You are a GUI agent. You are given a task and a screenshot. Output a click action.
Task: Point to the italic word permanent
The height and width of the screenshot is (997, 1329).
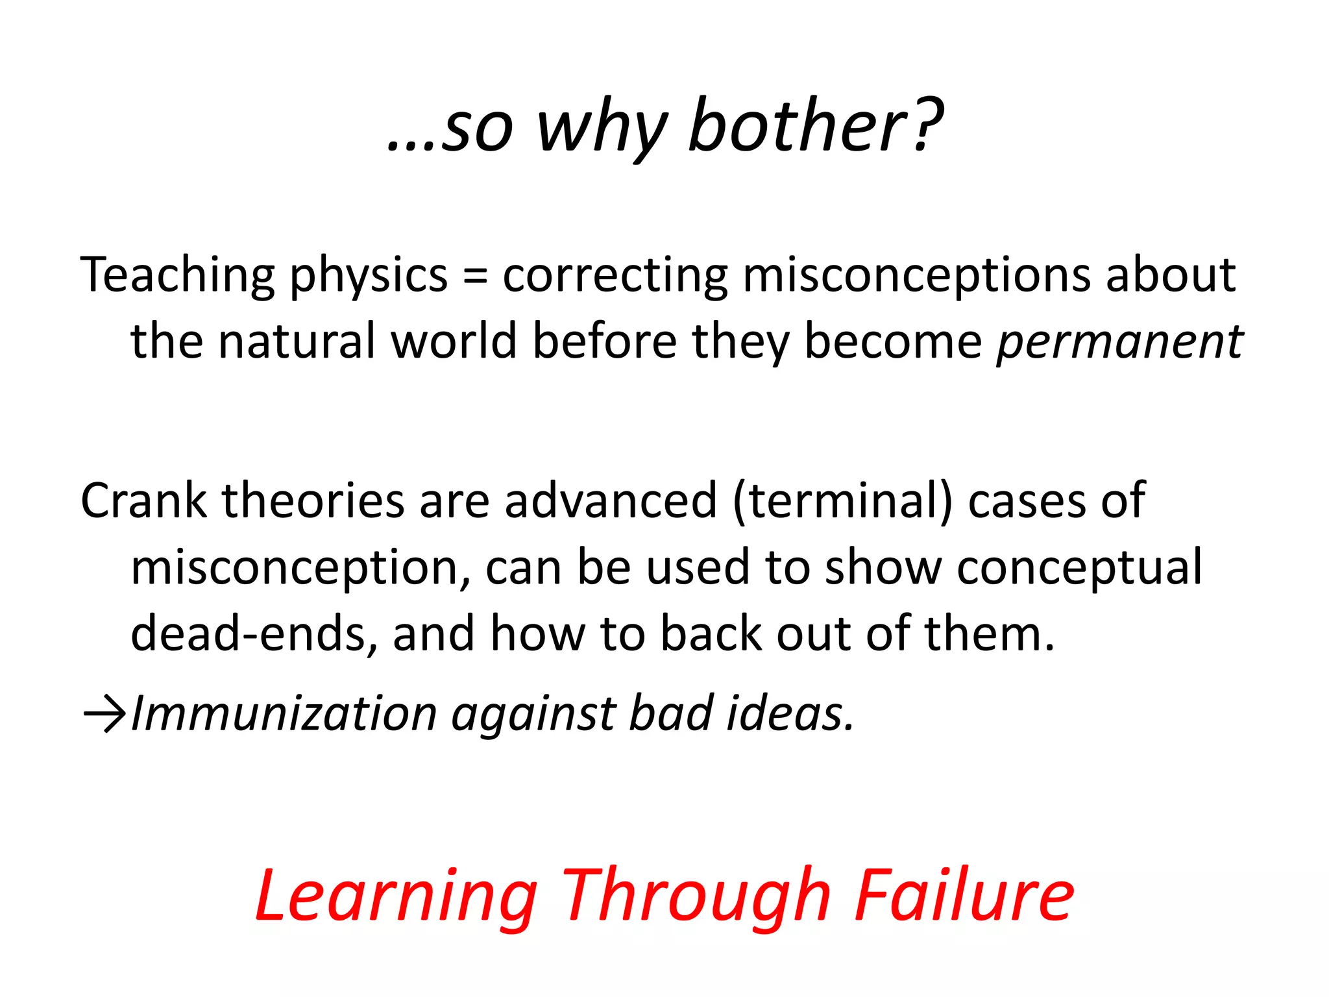[1119, 341]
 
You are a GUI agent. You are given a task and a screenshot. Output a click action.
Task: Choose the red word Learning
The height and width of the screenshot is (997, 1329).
[396, 897]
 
